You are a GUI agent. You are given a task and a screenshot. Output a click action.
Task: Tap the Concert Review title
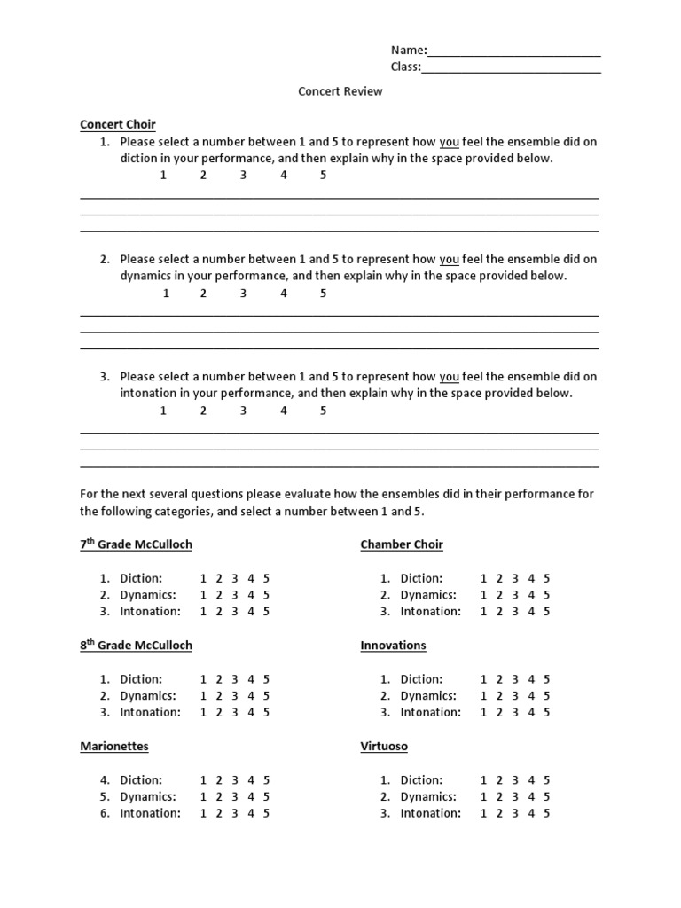pyautogui.click(x=340, y=91)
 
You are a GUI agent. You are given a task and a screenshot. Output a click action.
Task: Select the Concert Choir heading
pyautogui.click(x=118, y=125)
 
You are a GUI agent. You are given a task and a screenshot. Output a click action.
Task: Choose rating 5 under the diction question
pyautogui.click(x=324, y=176)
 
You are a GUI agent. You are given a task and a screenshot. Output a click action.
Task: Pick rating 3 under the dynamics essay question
pyautogui.click(x=243, y=294)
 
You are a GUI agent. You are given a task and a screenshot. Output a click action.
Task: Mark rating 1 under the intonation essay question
pyautogui.click(x=163, y=411)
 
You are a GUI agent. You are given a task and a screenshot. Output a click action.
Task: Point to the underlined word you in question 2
pyautogui.click(x=450, y=260)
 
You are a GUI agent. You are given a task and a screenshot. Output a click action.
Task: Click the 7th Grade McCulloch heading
pyautogui.click(x=136, y=544)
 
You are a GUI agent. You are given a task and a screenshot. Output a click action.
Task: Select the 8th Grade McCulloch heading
pyautogui.click(x=136, y=646)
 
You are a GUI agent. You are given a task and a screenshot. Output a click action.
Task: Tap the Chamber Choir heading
pyautogui.click(x=402, y=544)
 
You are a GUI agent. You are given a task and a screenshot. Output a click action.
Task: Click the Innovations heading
pyautogui.click(x=393, y=646)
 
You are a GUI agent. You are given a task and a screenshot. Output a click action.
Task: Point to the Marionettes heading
pyautogui.click(x=114, y=747)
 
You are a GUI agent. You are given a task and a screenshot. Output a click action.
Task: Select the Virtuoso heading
pyautogui.click(x=384, y=747)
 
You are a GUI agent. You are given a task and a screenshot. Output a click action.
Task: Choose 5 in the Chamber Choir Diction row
pyautogui.click(x=546, y=579)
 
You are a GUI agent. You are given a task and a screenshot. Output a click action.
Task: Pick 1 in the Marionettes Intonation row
pyautogui.click(x=203, y=813)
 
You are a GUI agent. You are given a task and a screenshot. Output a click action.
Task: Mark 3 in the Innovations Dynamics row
pyautogui.click(x=515, y=696)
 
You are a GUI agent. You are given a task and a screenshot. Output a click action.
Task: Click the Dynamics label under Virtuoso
pyautogui.click(x=428, y=797)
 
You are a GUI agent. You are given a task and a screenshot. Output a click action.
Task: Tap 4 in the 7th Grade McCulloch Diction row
pyautogui.click(x=251, y=579)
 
